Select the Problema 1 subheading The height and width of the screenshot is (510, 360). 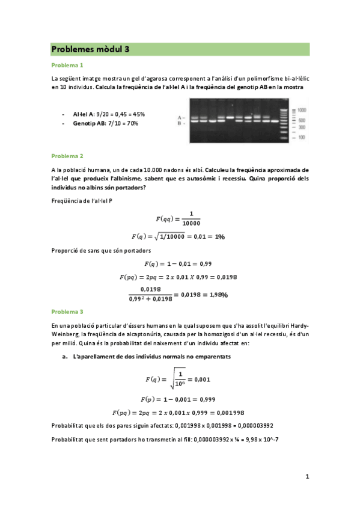[x=67, y=65]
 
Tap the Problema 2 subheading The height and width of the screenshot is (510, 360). [x=67, y=156]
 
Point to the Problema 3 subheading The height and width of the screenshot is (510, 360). [x=67, y=312]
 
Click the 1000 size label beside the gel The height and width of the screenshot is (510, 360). [x=301, y=110]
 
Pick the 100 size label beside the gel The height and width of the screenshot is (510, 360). [x=300, y=137]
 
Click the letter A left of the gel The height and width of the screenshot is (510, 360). [x=179, y=117]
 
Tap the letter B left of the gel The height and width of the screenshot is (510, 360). [x=179, y=123]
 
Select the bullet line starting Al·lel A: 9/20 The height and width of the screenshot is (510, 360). [x=108, y=114]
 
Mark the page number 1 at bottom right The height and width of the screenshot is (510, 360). [x=307, y=477]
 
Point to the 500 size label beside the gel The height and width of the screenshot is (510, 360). [x=301, y=120]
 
